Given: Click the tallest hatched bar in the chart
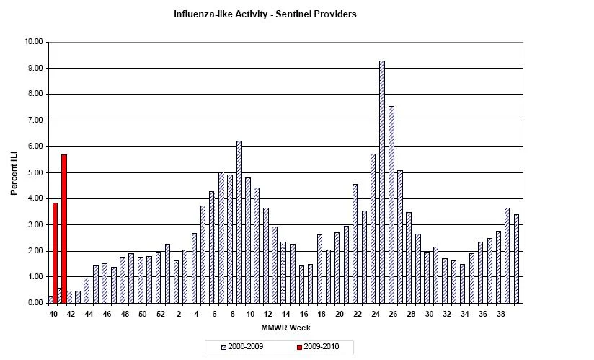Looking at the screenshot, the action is [x=382, y=182].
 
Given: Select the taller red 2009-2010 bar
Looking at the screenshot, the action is [x=64, y=229].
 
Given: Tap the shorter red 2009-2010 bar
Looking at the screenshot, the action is [x=55, y=253].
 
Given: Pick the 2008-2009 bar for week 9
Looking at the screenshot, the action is [x=239, y=222].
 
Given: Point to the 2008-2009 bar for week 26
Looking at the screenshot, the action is [x=391, y=205].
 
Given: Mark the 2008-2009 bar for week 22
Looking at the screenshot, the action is [x=355, y=244].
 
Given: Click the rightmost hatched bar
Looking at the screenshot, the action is [x=516, y=259].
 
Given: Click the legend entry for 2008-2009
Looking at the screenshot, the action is [x=242, y=347].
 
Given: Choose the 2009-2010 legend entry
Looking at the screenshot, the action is [x=318, y=347].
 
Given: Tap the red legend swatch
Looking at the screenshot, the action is [x=299, y=347].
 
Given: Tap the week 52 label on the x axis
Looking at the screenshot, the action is [x=161, y=314].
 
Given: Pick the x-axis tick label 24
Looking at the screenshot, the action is [x=376, y=314].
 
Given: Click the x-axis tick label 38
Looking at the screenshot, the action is [x=501, y=314].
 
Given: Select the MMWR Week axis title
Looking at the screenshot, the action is [x=285, y=328].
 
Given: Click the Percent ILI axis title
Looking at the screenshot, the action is [x=14, y=173].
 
